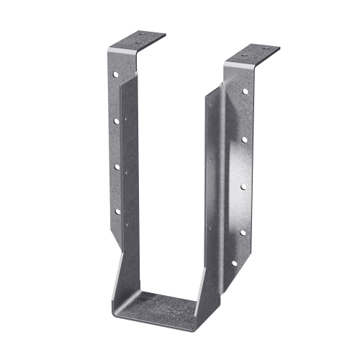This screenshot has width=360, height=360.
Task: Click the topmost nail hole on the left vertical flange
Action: (114, 73)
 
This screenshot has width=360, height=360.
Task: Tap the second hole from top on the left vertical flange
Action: (115, 121)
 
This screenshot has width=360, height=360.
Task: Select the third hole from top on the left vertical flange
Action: (116, 167)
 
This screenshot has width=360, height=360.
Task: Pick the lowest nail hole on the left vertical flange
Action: (117, 212)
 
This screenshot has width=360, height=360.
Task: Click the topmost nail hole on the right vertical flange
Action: (245, 92)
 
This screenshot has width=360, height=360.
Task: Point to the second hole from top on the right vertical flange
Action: (244, 140)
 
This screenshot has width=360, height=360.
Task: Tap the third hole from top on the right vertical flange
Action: (243, 186)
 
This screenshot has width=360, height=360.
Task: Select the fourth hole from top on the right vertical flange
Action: (243, 233)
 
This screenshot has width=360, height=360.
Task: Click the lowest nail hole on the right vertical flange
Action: (231, 264)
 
